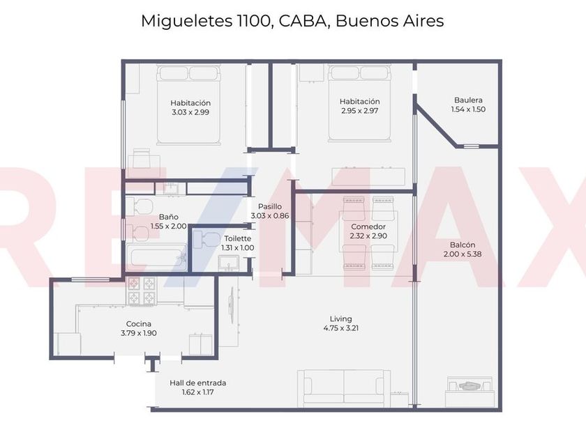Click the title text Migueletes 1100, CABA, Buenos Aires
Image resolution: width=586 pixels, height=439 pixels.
click(292, 21)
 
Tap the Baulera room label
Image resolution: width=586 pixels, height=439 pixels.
click(467, 100)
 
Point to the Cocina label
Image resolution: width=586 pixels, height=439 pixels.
click(138, 323)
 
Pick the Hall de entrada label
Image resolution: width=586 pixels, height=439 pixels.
click(197, 383)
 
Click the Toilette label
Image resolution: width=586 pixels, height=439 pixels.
click(238, 238)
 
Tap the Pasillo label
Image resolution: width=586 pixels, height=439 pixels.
click(269, 206)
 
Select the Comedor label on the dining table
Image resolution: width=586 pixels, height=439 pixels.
click(368, 226)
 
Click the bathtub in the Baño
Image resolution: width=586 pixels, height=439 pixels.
click(158, 256)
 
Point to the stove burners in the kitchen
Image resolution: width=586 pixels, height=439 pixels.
click(142, 291)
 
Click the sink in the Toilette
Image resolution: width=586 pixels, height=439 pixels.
click(229, 263)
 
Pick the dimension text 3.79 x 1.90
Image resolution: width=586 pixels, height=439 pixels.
click(138, 333)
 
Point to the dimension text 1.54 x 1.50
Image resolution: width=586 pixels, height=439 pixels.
click(467, 109)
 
